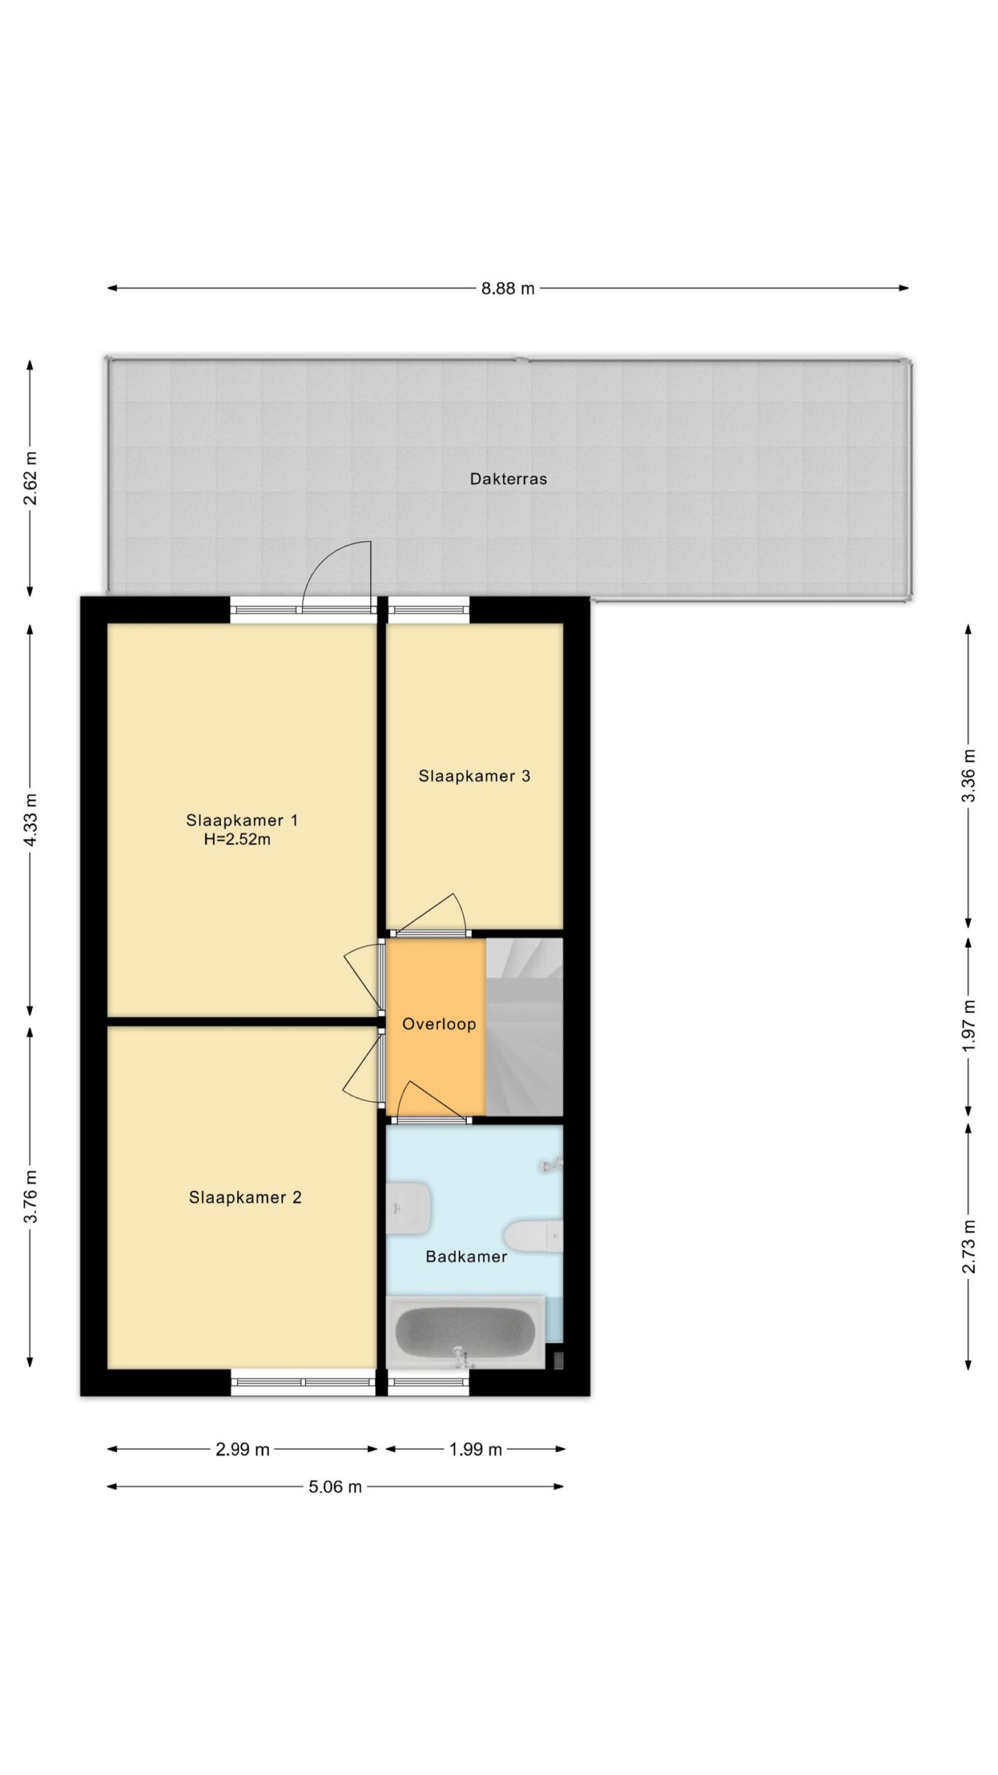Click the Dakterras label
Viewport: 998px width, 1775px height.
[x=508, y=478]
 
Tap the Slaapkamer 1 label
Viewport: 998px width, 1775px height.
[x=242, y=820]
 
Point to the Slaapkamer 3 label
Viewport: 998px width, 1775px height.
[x=474, y=776]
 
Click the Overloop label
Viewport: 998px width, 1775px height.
[x=439, y=1024]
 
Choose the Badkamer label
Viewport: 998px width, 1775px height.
[x=466, y=1256]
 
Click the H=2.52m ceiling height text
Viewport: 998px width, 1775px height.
[x=237, y=840]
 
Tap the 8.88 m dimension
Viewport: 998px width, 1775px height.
[x=508, y=288]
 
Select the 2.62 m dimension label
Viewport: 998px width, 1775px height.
[x=30, y=478]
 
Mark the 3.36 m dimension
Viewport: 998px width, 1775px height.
[x=969, y=776]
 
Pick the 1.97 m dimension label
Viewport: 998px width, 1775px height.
[x=969, y=1024]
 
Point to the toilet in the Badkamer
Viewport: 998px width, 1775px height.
[x=533, y=1236]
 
